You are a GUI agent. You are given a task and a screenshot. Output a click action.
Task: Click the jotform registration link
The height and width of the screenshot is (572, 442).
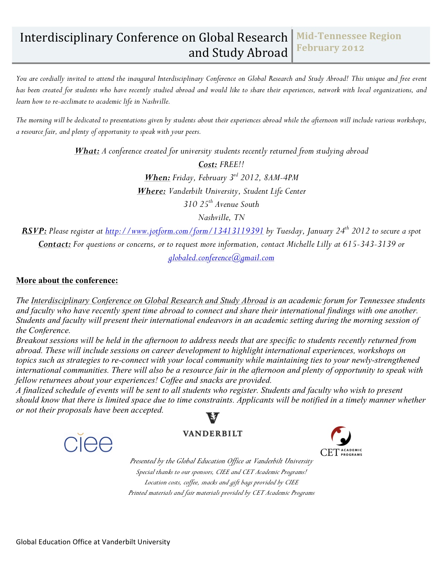click(x=184, y=231)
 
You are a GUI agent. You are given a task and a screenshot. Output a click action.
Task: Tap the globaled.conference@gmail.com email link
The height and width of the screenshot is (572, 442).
click(x=221, y=258)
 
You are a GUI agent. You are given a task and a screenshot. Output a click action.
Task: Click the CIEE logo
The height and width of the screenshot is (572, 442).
click(x=88, y=443)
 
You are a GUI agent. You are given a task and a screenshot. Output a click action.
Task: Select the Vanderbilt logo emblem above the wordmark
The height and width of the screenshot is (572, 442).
click(x=213, y=418)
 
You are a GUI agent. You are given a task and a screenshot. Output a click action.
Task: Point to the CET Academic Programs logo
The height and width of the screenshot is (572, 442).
click(x=341, y=442)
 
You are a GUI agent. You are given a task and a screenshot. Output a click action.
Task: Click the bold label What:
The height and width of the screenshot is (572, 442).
click(x=87, y=151)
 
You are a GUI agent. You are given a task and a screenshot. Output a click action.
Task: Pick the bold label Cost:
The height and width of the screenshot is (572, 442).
click(x=208, y=164)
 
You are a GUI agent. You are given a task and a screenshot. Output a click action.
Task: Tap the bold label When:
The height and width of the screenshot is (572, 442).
click(x=157, y=178)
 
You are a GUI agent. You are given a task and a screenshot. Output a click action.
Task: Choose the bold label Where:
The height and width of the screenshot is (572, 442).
click(x=151, y=191)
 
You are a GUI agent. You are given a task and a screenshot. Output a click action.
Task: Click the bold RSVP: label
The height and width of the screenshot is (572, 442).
click(x=34, y=231)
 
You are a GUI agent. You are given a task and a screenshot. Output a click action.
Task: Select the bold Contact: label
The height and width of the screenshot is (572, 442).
click(x=55, y=244)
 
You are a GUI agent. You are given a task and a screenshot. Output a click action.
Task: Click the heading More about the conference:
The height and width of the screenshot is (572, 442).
click(x=67, y=280)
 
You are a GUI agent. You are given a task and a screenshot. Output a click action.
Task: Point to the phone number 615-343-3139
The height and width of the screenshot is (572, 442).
click(x=369, y=244)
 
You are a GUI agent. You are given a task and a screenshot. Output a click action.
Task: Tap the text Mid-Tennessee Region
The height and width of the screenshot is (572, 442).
click(x=349, y=36)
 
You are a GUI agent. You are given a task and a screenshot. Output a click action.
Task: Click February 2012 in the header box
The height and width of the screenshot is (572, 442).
click(x=330, y=48)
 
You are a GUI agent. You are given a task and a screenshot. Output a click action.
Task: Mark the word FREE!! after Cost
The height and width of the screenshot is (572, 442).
click(x=232, y=164)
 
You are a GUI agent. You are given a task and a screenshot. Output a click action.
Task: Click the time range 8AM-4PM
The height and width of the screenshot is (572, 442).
click(x=281, y=178)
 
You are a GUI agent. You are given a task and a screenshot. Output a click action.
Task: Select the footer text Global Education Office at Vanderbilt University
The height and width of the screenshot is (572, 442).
click(x=93, y=542)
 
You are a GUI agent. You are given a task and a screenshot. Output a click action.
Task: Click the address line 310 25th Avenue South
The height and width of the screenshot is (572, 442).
click(x=221, y=204)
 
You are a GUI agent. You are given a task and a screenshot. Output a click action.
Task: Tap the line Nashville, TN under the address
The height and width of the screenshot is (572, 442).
click(x=221, y=218)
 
